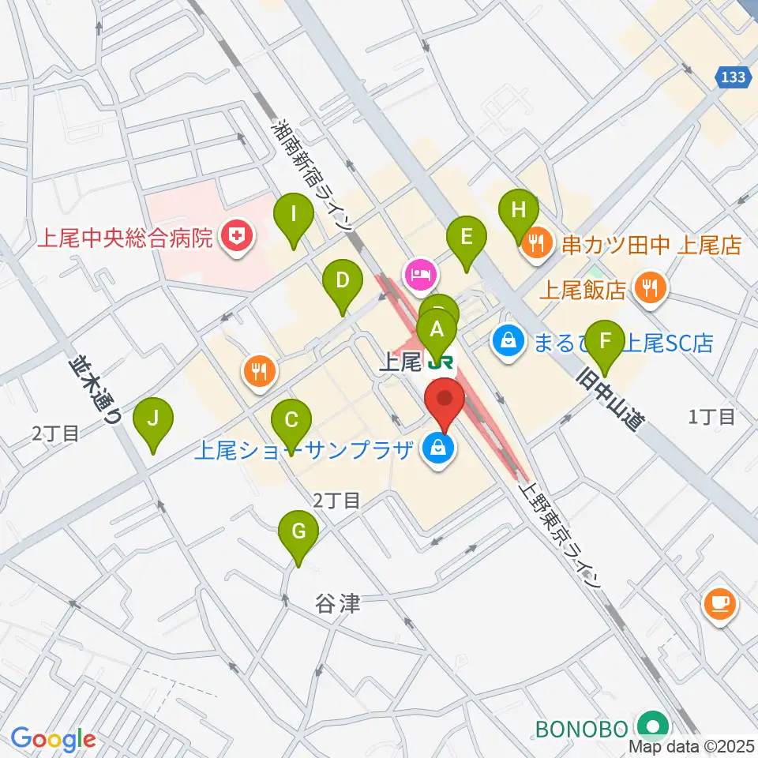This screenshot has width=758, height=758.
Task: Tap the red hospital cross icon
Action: point(235,236)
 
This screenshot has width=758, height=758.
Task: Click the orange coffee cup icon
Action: point(720,604)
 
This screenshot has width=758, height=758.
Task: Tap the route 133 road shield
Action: point(734,77)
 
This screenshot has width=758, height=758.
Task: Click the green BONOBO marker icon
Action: point(653,725)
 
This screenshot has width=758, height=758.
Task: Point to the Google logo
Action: point(53,739)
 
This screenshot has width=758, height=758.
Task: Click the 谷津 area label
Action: point(338,604)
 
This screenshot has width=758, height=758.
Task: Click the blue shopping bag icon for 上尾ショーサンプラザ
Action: point(436,449)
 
